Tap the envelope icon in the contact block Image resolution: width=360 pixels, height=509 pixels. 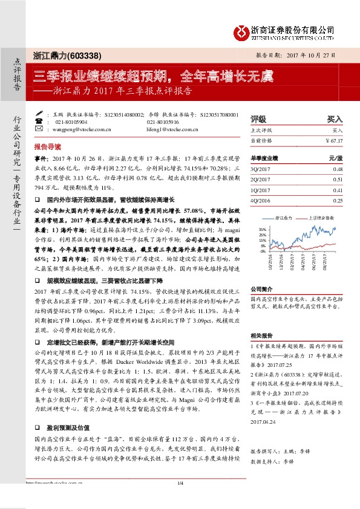(x=41, y=129)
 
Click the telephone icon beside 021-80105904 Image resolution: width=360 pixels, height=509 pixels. (x=41, y=122)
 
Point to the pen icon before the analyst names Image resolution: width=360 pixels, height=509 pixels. (x=41, y=114)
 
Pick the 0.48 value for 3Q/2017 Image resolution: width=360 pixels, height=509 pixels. (x=338, y=169)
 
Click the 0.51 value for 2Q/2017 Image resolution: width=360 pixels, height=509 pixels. (x=338, y=179)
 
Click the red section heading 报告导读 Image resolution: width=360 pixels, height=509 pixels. (x=48, y=147)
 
